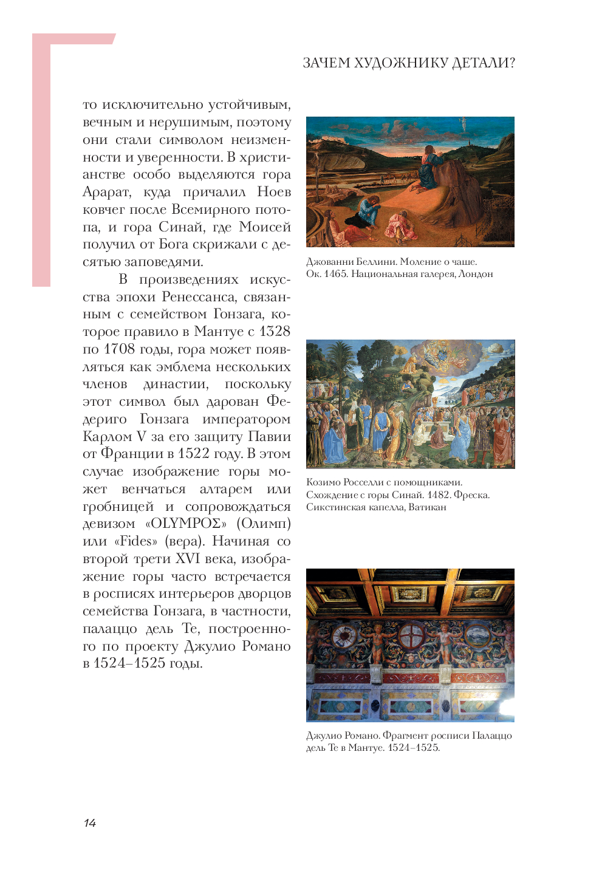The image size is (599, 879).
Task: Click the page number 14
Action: click(90, 823)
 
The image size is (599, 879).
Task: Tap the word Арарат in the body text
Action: click(106, 193)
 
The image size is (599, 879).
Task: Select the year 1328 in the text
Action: click(275, 332)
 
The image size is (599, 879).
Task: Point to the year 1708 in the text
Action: click(119, 349)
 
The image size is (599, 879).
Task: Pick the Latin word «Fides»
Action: click(135, 541)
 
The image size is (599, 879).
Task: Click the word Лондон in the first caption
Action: click(476, 274)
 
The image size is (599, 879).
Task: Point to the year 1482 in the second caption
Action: click(439, 495)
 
